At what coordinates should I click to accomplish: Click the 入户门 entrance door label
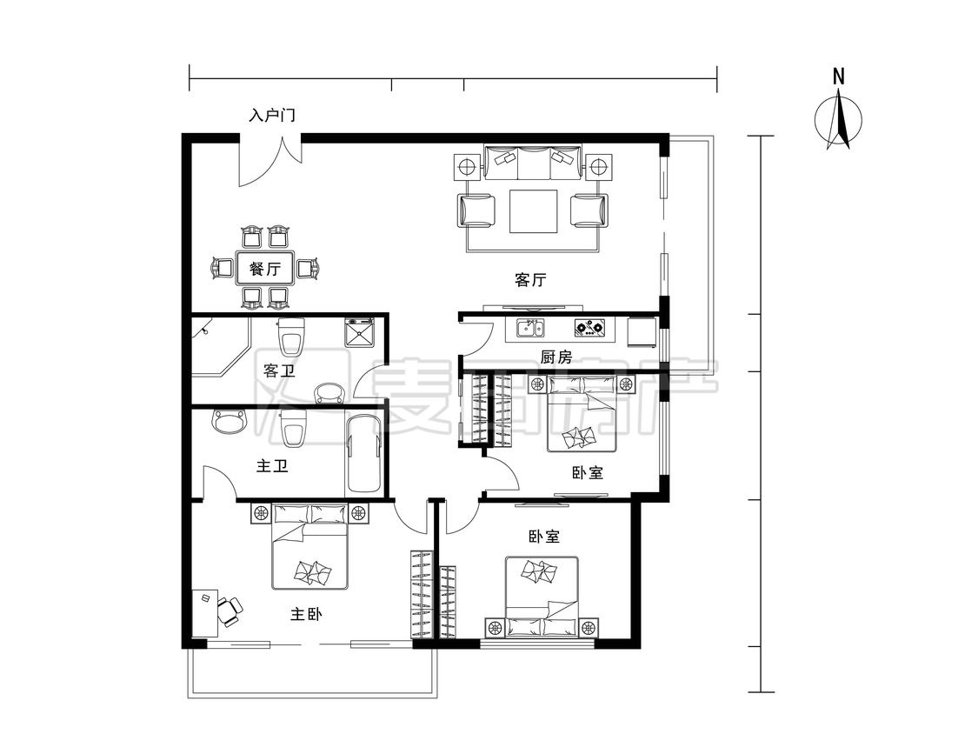coord(272,116)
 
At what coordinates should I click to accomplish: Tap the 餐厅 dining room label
coord(265,269)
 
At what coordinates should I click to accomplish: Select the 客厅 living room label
coord(531,280)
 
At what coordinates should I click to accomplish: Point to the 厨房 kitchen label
coord(556,357)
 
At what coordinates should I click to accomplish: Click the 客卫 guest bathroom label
coord(279,370)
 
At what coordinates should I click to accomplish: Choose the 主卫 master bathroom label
coord(273,465)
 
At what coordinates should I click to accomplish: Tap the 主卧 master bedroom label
coord(306,614)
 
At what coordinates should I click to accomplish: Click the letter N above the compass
coord(839,77)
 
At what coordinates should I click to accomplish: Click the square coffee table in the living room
coord(533,211)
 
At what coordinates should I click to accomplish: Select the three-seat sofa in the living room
coord(533,162)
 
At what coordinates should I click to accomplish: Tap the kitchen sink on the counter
coord(529,328)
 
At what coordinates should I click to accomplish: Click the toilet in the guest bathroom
coord(292,337)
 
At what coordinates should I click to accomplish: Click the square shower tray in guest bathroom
coord(360,332)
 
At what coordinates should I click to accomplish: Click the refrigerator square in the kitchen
coord(642,332)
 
